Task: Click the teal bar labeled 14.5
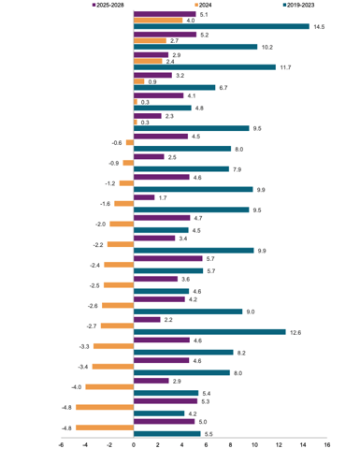pos(222,26)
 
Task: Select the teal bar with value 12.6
pos(210,331)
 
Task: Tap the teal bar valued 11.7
pos(205,67)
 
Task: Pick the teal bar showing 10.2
pos(195,47)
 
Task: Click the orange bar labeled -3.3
pos(114,346)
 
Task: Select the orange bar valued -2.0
pos(122,224)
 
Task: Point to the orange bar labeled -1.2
pos(126,183)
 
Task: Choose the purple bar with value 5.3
pos(166,401)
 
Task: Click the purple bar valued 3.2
pos(153,75)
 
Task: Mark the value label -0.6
pos(117,142)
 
